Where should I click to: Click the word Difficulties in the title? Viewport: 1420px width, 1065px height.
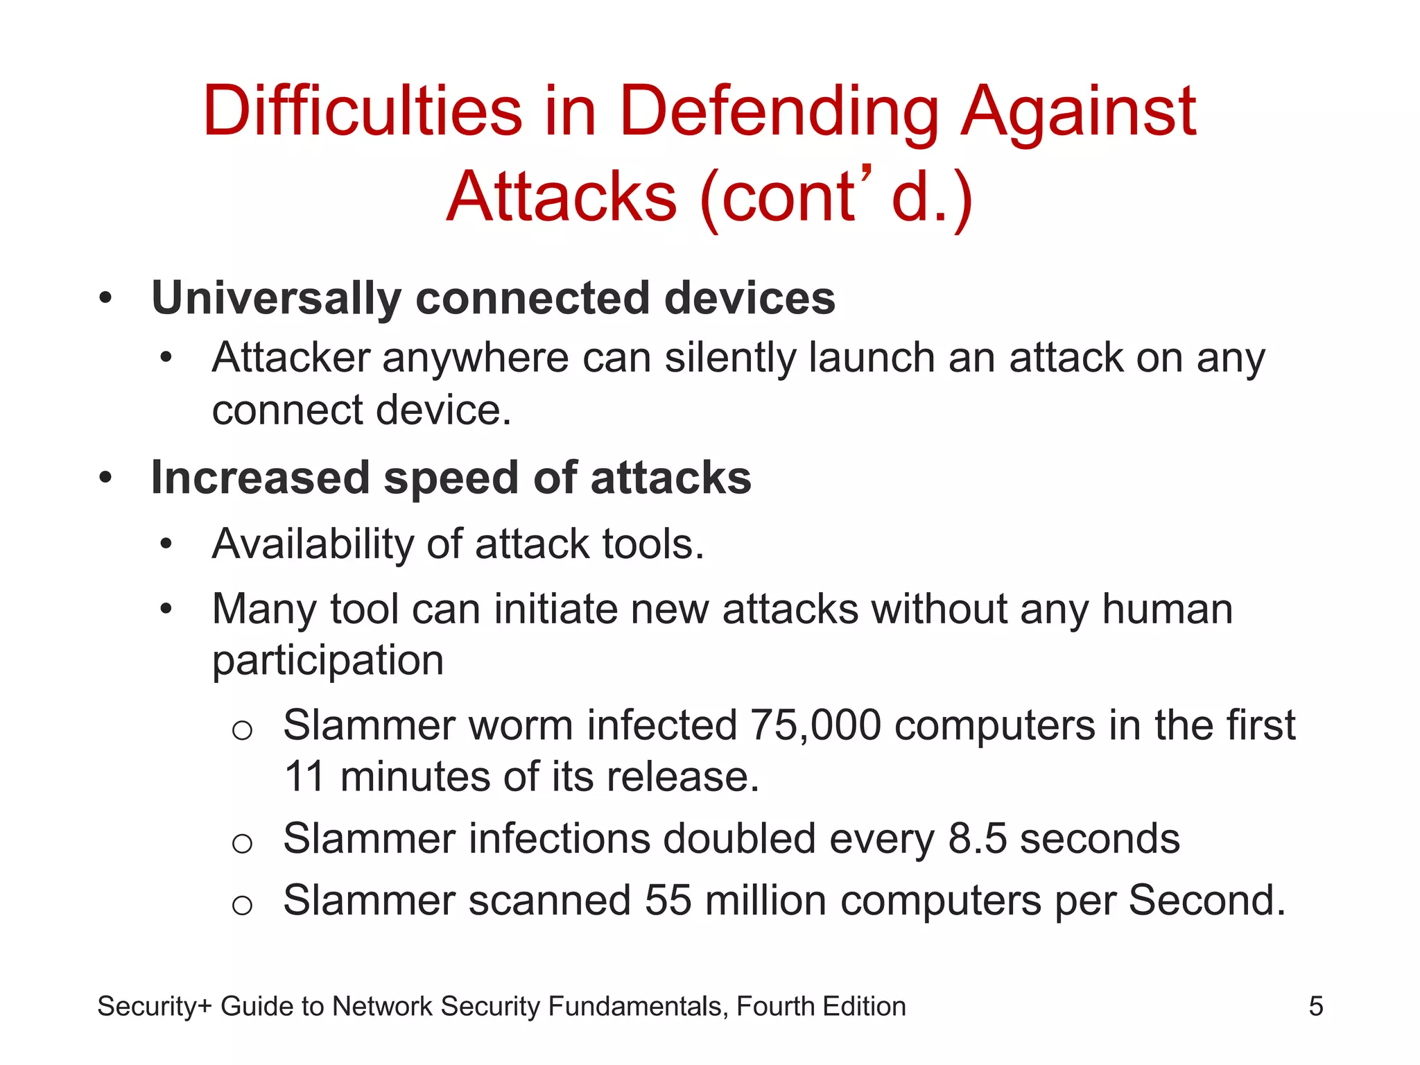pos(362,111)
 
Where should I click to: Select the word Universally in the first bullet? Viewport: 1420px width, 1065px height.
pos(276,299)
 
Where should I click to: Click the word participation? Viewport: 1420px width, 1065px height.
pos(327,660)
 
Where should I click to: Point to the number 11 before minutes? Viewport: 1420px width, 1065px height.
pos(304,777)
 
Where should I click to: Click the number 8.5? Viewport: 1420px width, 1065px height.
pos(977,839)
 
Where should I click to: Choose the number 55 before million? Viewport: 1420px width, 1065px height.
pos(668,901)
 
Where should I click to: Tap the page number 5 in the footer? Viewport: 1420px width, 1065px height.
pos(1315,1007)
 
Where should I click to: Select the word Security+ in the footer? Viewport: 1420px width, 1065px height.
pos(154,1007)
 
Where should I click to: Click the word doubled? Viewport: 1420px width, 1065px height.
pos(739,839)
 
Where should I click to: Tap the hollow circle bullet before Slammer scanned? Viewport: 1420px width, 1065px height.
pos(242,904)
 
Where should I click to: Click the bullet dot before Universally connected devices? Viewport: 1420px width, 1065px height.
pos(105,299)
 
